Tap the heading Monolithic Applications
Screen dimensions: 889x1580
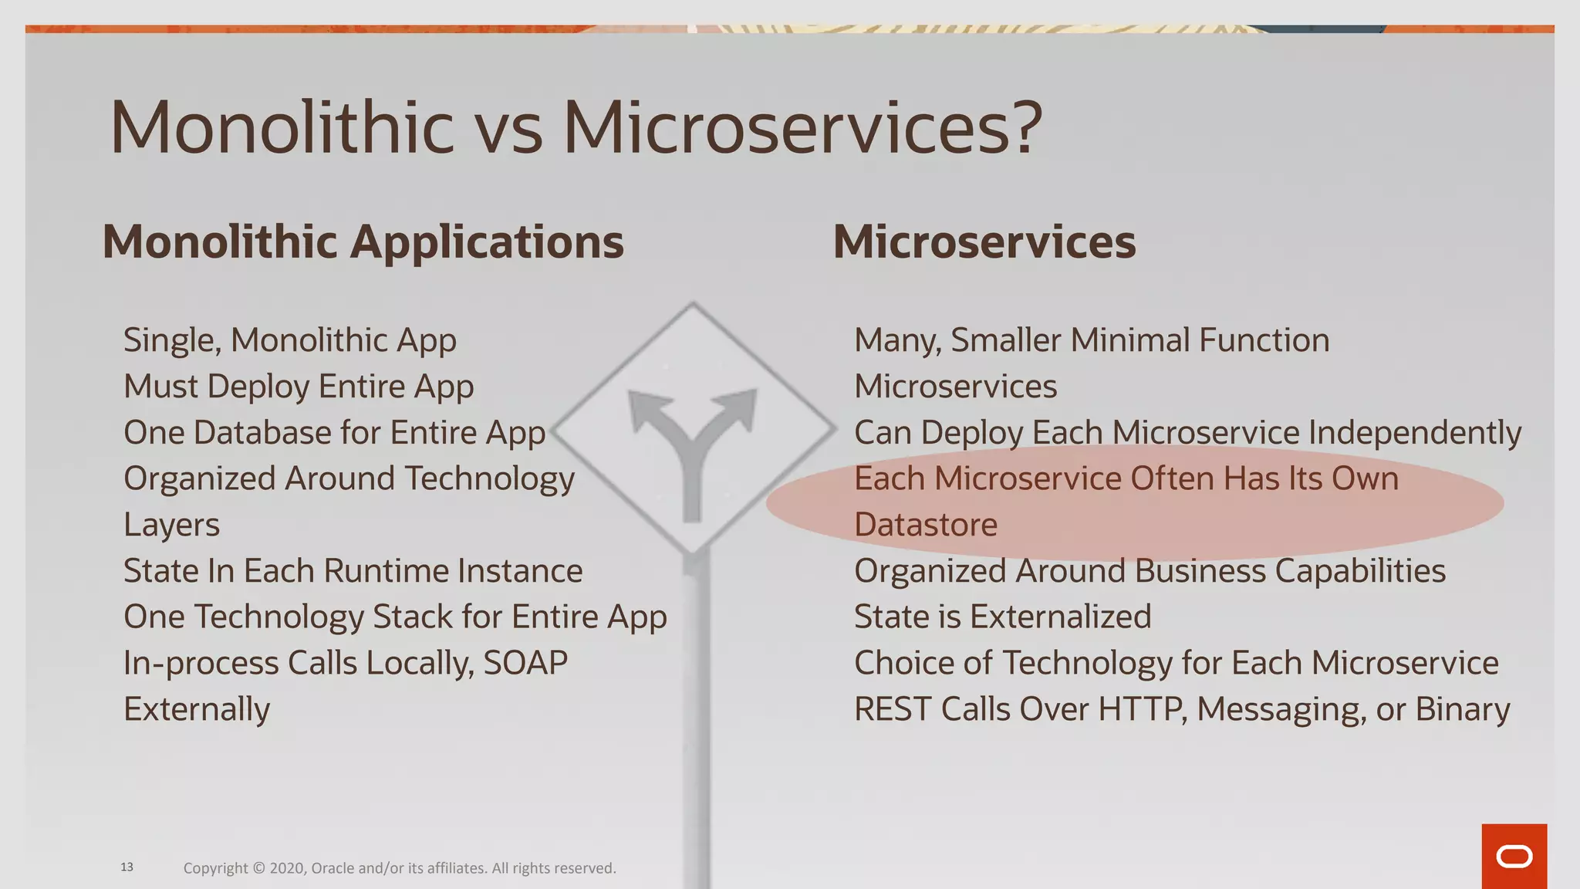363,242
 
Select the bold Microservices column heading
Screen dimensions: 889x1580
984,242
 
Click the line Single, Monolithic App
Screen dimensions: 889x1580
289,340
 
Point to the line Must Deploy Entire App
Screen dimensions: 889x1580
299,387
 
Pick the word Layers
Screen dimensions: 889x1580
171,525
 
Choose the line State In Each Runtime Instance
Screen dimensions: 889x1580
353,571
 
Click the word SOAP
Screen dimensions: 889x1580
525,663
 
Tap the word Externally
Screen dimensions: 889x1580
197,709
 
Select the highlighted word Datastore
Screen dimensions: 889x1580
926,525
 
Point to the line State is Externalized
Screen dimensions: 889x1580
1002,617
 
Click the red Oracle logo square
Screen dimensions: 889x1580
1514,856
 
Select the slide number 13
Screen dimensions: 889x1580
127,867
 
